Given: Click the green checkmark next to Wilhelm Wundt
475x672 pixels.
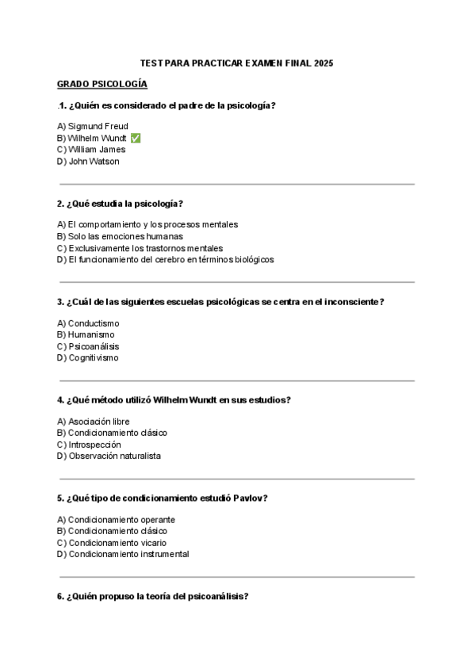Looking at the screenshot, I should (136, 138).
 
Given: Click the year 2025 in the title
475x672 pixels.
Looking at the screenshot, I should (324, 63).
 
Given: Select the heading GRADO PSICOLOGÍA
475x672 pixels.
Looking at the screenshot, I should (102, 84).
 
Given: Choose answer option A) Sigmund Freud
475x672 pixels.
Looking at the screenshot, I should (93, 126).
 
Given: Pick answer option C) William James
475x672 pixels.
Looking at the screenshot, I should (91, 149).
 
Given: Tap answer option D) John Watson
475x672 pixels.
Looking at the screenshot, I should (88, 161).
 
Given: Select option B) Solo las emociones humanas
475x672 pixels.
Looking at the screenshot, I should (120, 236).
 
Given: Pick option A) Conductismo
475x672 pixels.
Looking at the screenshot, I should (88, 323).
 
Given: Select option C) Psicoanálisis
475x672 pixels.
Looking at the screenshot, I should (89, 346).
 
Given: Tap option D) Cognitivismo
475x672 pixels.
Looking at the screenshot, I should (88, 357).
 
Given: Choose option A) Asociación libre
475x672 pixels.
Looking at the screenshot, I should (94, 422).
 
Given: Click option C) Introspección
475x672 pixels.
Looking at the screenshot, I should (89, 445).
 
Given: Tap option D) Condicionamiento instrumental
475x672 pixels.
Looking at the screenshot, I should (123, 554).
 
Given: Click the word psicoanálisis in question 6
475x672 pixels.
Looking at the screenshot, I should (216, 596).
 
